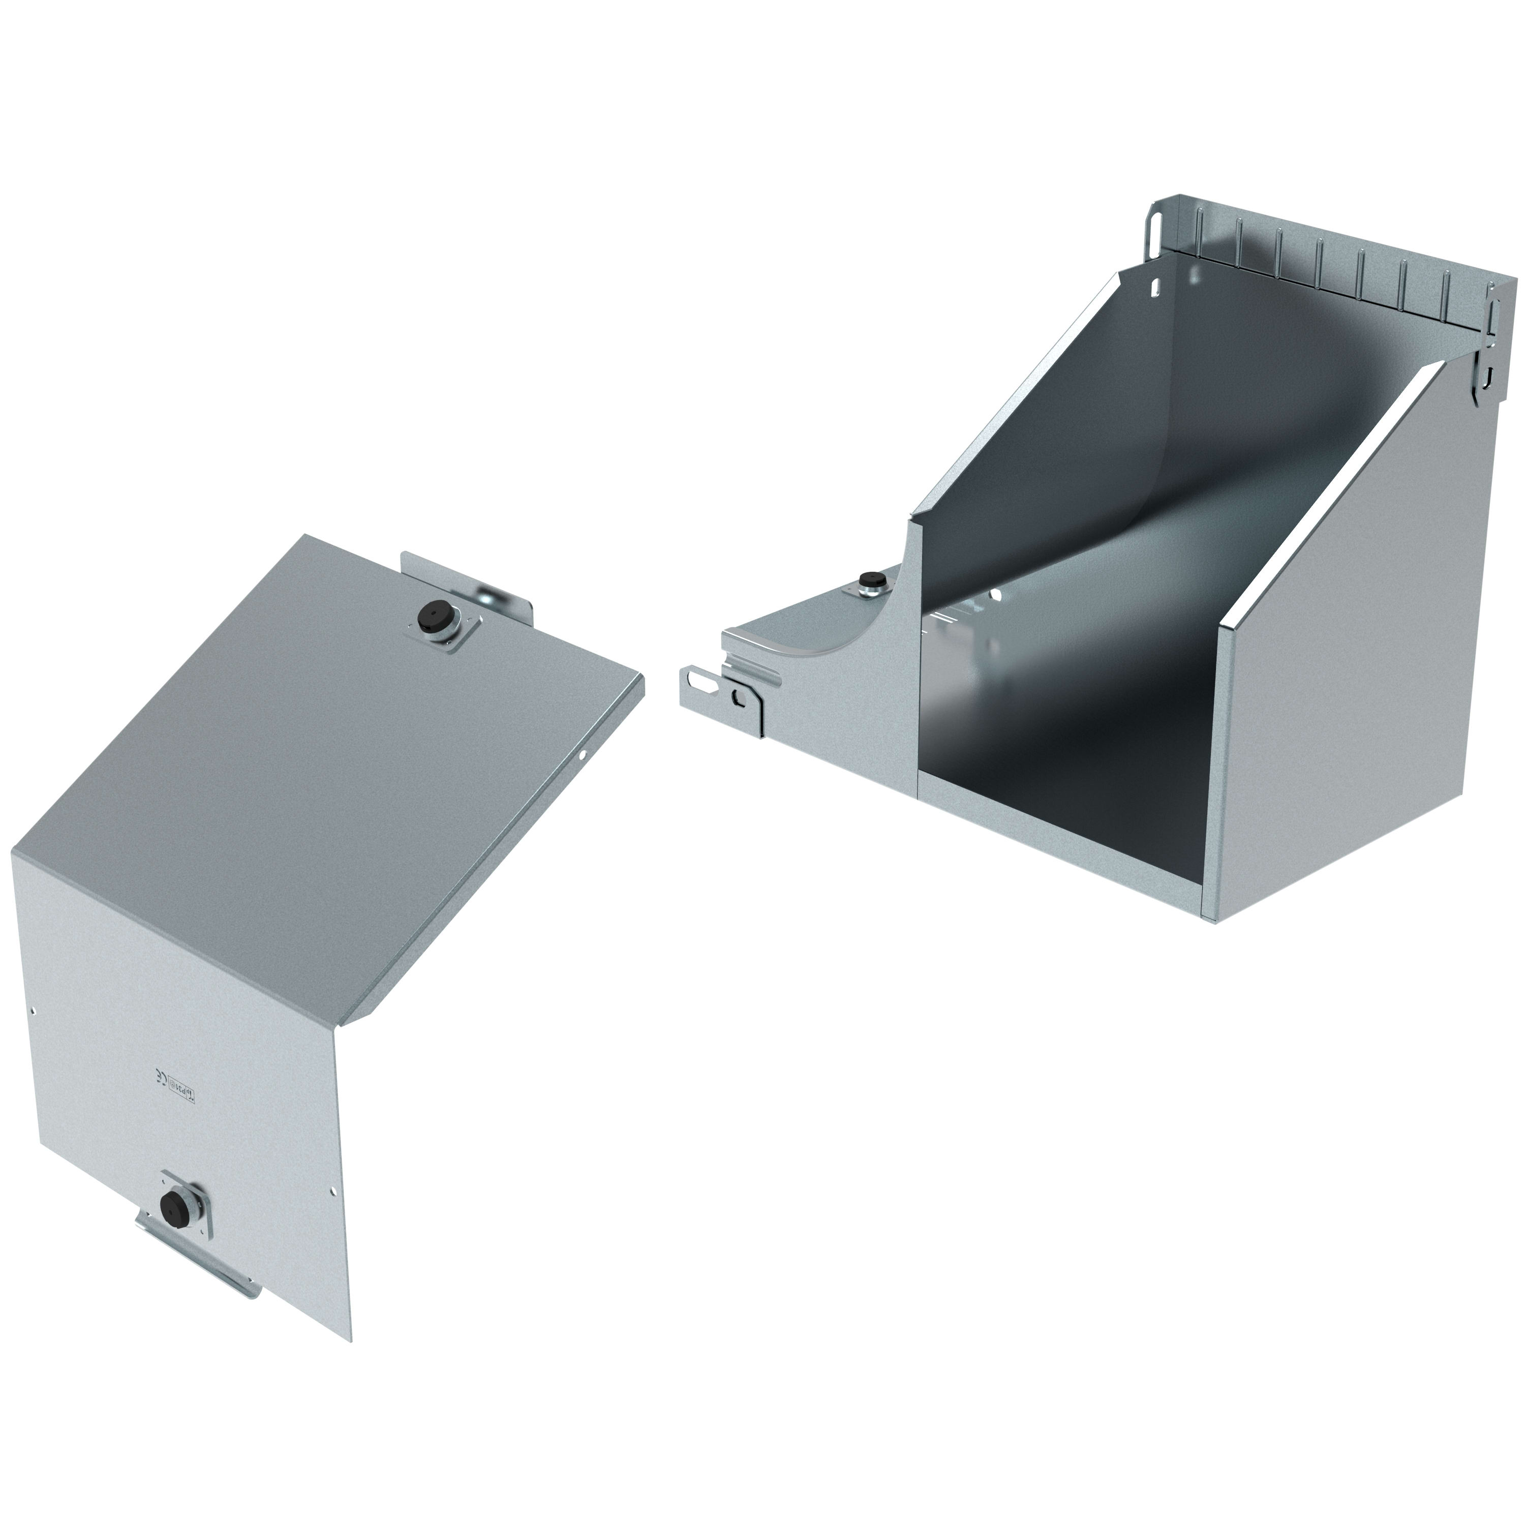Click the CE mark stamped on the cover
click(159, 1079)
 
